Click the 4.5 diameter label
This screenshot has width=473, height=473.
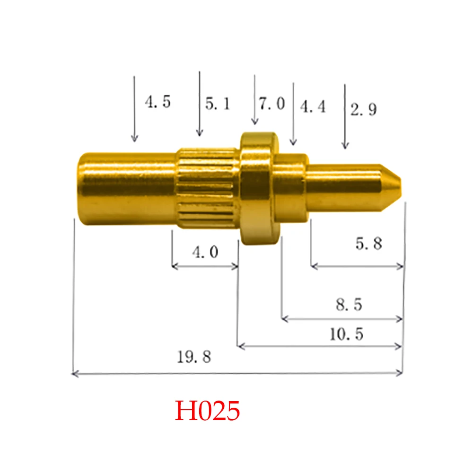click(x=158, y=102)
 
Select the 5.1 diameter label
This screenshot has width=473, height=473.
click(x=218, y=104)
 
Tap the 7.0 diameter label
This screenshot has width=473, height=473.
click(x=272, y=104)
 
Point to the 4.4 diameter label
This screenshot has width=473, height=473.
click(x=313, y=107)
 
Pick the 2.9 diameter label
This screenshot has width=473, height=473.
click(x=363, y=110)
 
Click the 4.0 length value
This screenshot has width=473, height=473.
click(x=205, y=253)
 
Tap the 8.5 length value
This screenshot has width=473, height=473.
click(x=349, y=305)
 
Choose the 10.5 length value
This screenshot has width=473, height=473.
click(x=346, y=334)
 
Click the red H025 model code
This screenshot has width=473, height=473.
click(x=208, y=411)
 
